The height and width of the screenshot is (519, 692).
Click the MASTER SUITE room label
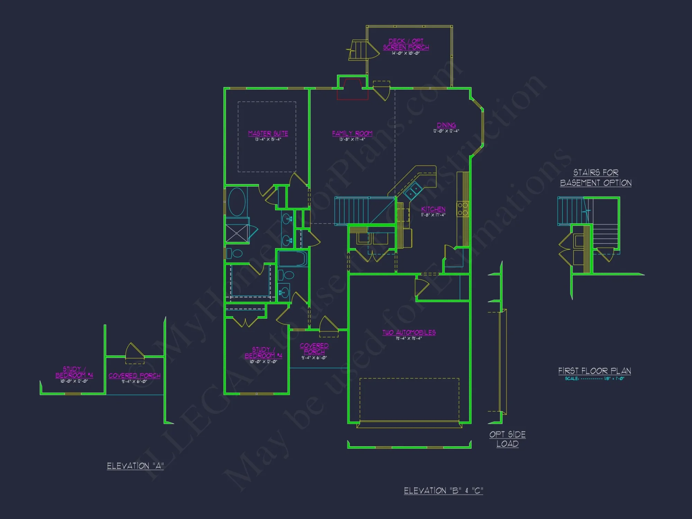[x=268, y=134]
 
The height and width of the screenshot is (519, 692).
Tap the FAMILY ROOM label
[x=352, y=134]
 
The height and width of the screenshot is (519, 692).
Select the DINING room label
[x=446, y=125]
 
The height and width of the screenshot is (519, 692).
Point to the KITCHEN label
[x=433, y=209]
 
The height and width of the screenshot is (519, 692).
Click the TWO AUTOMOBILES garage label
[x=409, y=333]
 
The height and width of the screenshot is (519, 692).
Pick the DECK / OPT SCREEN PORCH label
[x=406, y=44]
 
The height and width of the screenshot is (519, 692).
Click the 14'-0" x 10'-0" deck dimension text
[x=406, y=53]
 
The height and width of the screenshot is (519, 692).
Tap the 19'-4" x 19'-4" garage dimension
[x=409, y=338]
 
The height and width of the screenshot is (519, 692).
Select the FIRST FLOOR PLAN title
[x=594, y=371]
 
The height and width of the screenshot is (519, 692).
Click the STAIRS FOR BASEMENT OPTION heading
[x=596, y=177]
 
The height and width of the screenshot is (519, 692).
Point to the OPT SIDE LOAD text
[x=508, y=439]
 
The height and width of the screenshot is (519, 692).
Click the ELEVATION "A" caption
[x=135, y=466]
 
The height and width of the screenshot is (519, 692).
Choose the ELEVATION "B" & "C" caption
[x=444, y=491]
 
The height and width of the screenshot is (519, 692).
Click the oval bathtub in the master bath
[x=237, y=202]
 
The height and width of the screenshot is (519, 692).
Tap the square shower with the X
[x=237, y=234]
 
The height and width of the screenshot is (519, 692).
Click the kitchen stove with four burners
[x=463, y=209]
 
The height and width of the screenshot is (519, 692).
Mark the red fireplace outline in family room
[x=353, y=89]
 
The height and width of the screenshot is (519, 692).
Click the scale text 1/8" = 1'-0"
[x=614, y=379]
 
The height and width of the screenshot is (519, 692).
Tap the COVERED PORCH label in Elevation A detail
[x=135, y=376]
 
